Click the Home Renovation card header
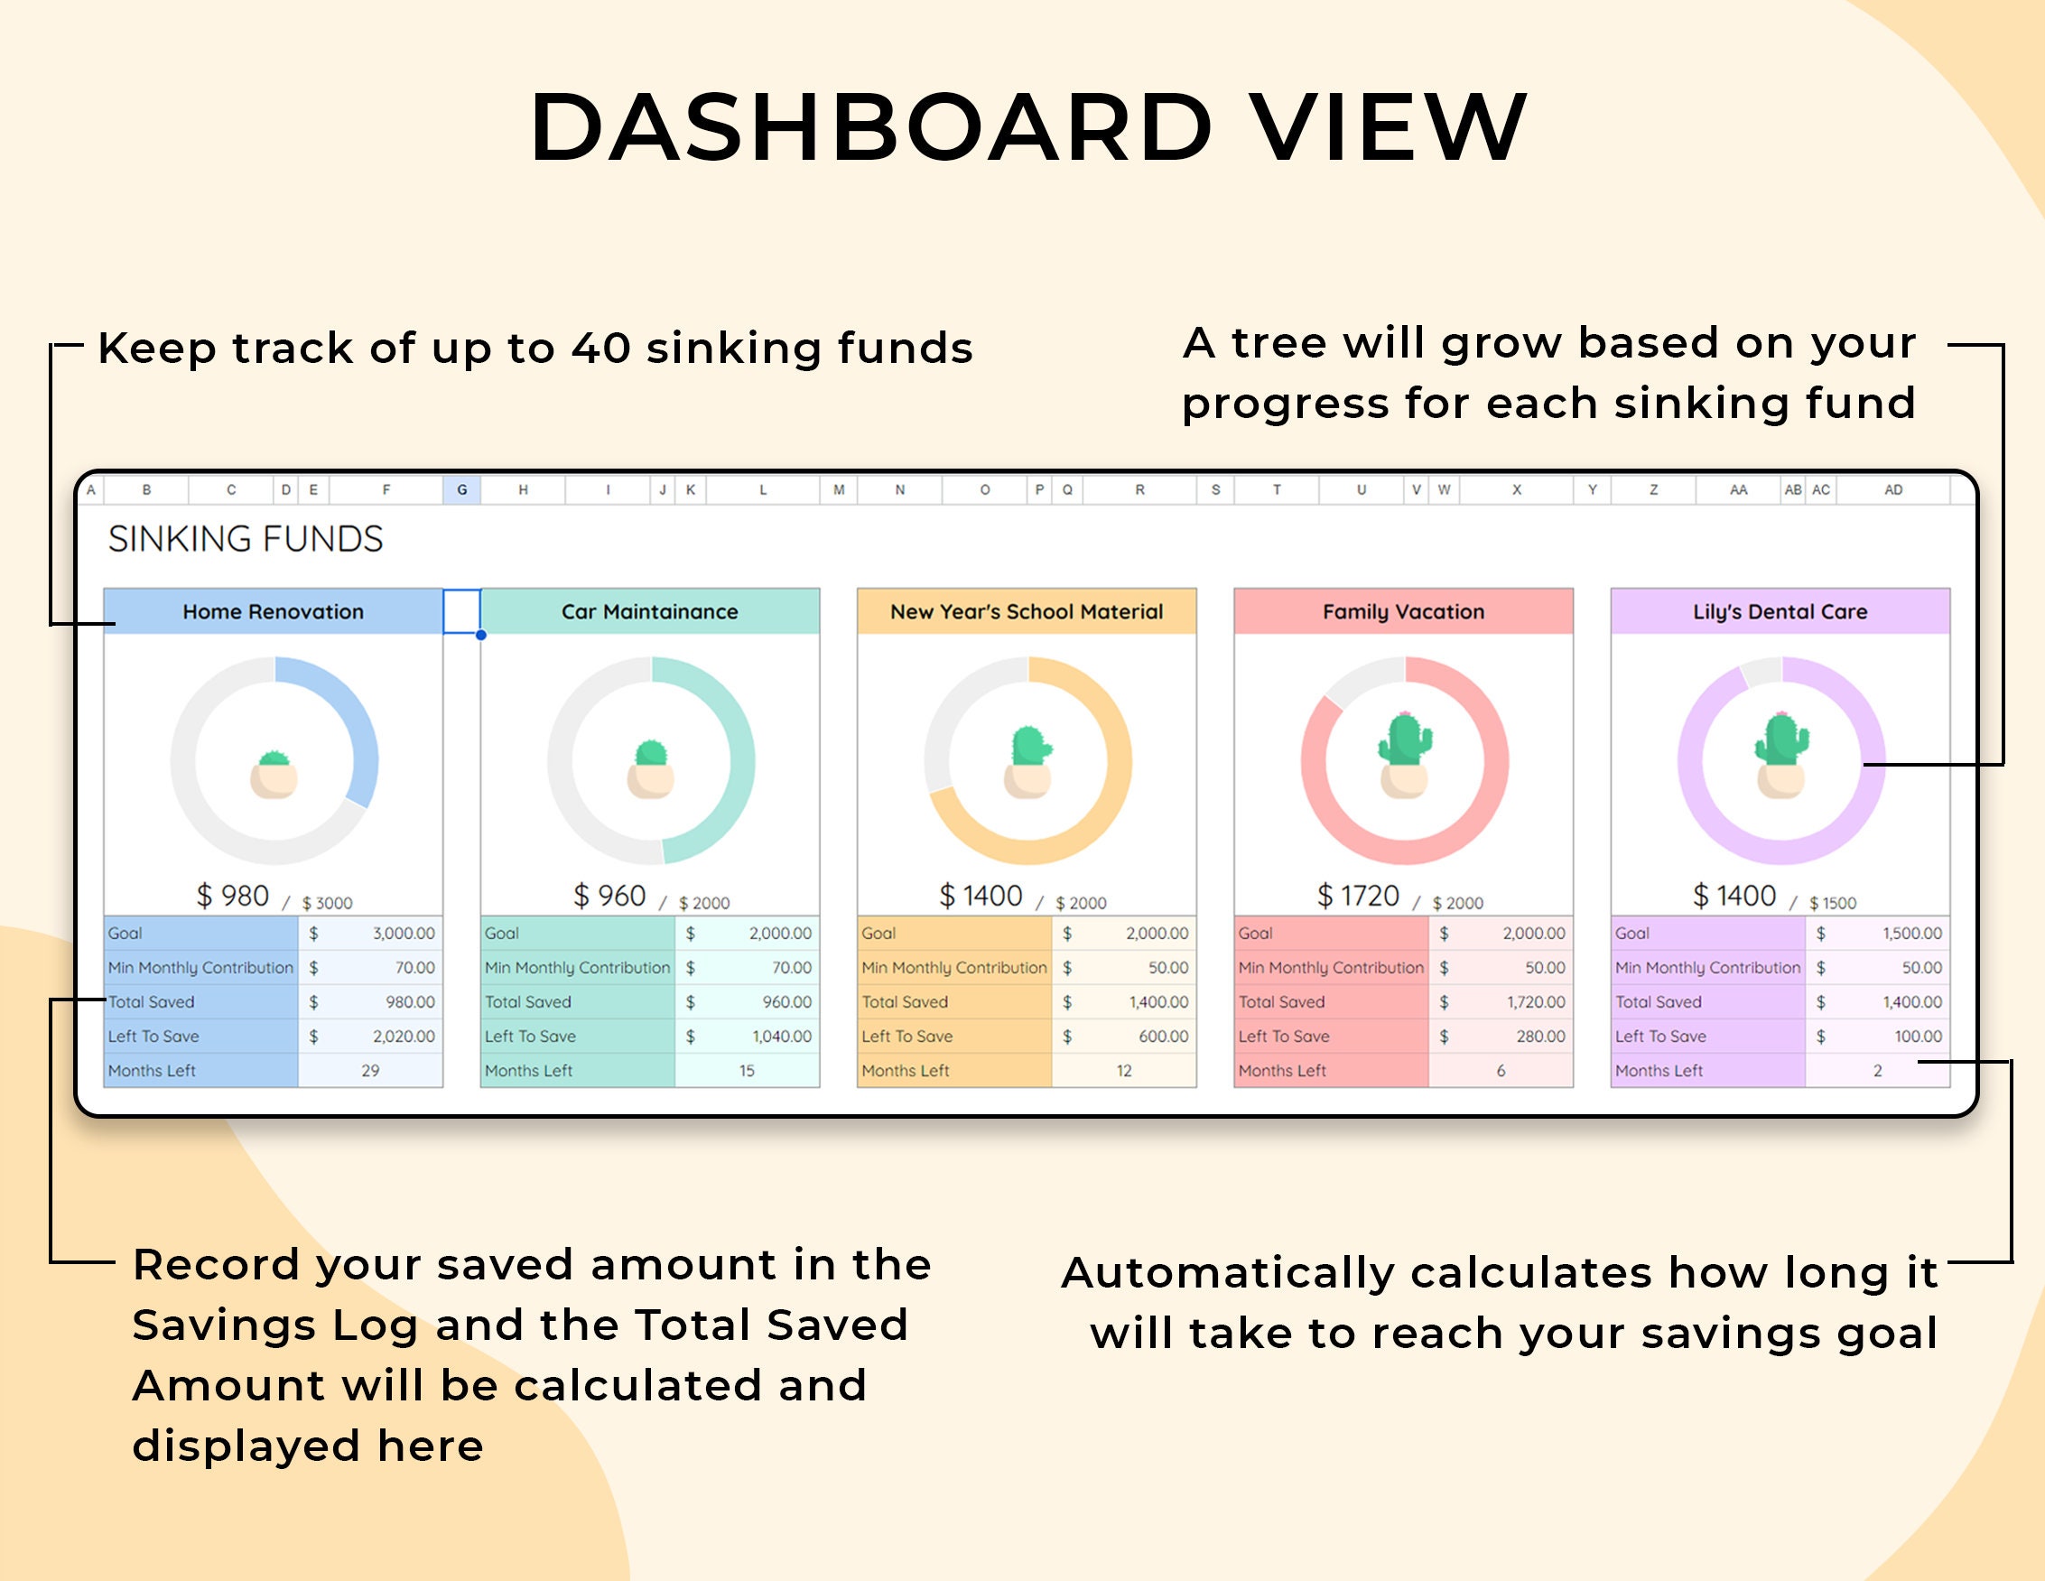pyautogui.click(x=273, y=611)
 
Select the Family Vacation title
pyautogui.click(x=1403, y=611)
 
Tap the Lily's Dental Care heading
pyautogui.click(x=1779, y=611)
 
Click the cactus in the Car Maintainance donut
pyautogui.click(x=651, y=768)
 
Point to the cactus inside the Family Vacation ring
pyautogui.click(x=1405, y=754)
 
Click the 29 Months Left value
pyautogui.click(x=370, y=1071)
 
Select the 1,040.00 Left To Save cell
pyautogui.click(x=782, y=1036)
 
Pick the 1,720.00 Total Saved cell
pyautogui.click(x=1536, y=1002)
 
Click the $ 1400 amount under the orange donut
pyautogui.click(x=981, y=897)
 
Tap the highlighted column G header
pyautogui.click(x=461, y=488)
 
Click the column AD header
pyautogui.click(x=1892, y=488)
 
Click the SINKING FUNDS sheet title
pyautogui.click(x=246, y=539)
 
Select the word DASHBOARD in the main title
pyautogui.click(x=870, y=128)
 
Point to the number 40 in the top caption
pyautogui.click(x=601, y=349)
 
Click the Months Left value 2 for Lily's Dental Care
pyautogui.click(x=1876, y=1071)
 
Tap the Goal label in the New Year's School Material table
pyautogui.click(x=878, y=933)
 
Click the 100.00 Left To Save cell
pyautogui.click(x=1918, y=1036)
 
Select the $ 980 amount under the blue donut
pyautogui.click(x=232, y=897)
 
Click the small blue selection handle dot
pyautogui.click(x=480, y=635)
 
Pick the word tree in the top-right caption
pyautogui.click(x=1282, y=343)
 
